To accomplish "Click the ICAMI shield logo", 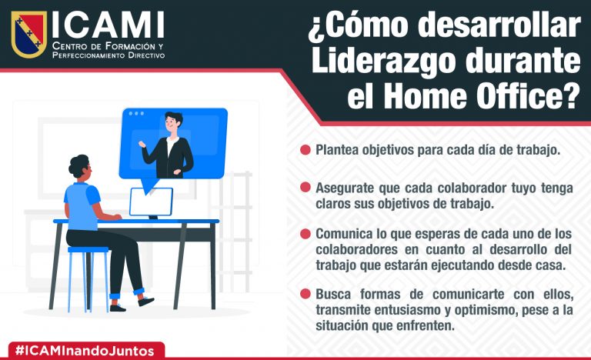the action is point(28,34).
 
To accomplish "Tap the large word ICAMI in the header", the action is point(108,25).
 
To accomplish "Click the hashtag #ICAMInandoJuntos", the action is point(85,351).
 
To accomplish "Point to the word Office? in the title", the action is point(528,95).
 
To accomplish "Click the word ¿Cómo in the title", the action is point(359,25).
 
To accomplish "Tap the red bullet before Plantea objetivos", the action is point(306,150).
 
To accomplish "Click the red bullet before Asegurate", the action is point(306,187).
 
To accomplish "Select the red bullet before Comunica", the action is point(306,234).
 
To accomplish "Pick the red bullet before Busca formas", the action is point(306,294).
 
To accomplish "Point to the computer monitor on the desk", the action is point(151,202).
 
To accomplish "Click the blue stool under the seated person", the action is point(88,279).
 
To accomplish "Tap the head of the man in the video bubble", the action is point(173,124).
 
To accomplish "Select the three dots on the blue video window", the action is point(136,114).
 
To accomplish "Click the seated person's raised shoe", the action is point(146,302).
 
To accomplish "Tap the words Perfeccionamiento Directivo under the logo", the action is point(109,56).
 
